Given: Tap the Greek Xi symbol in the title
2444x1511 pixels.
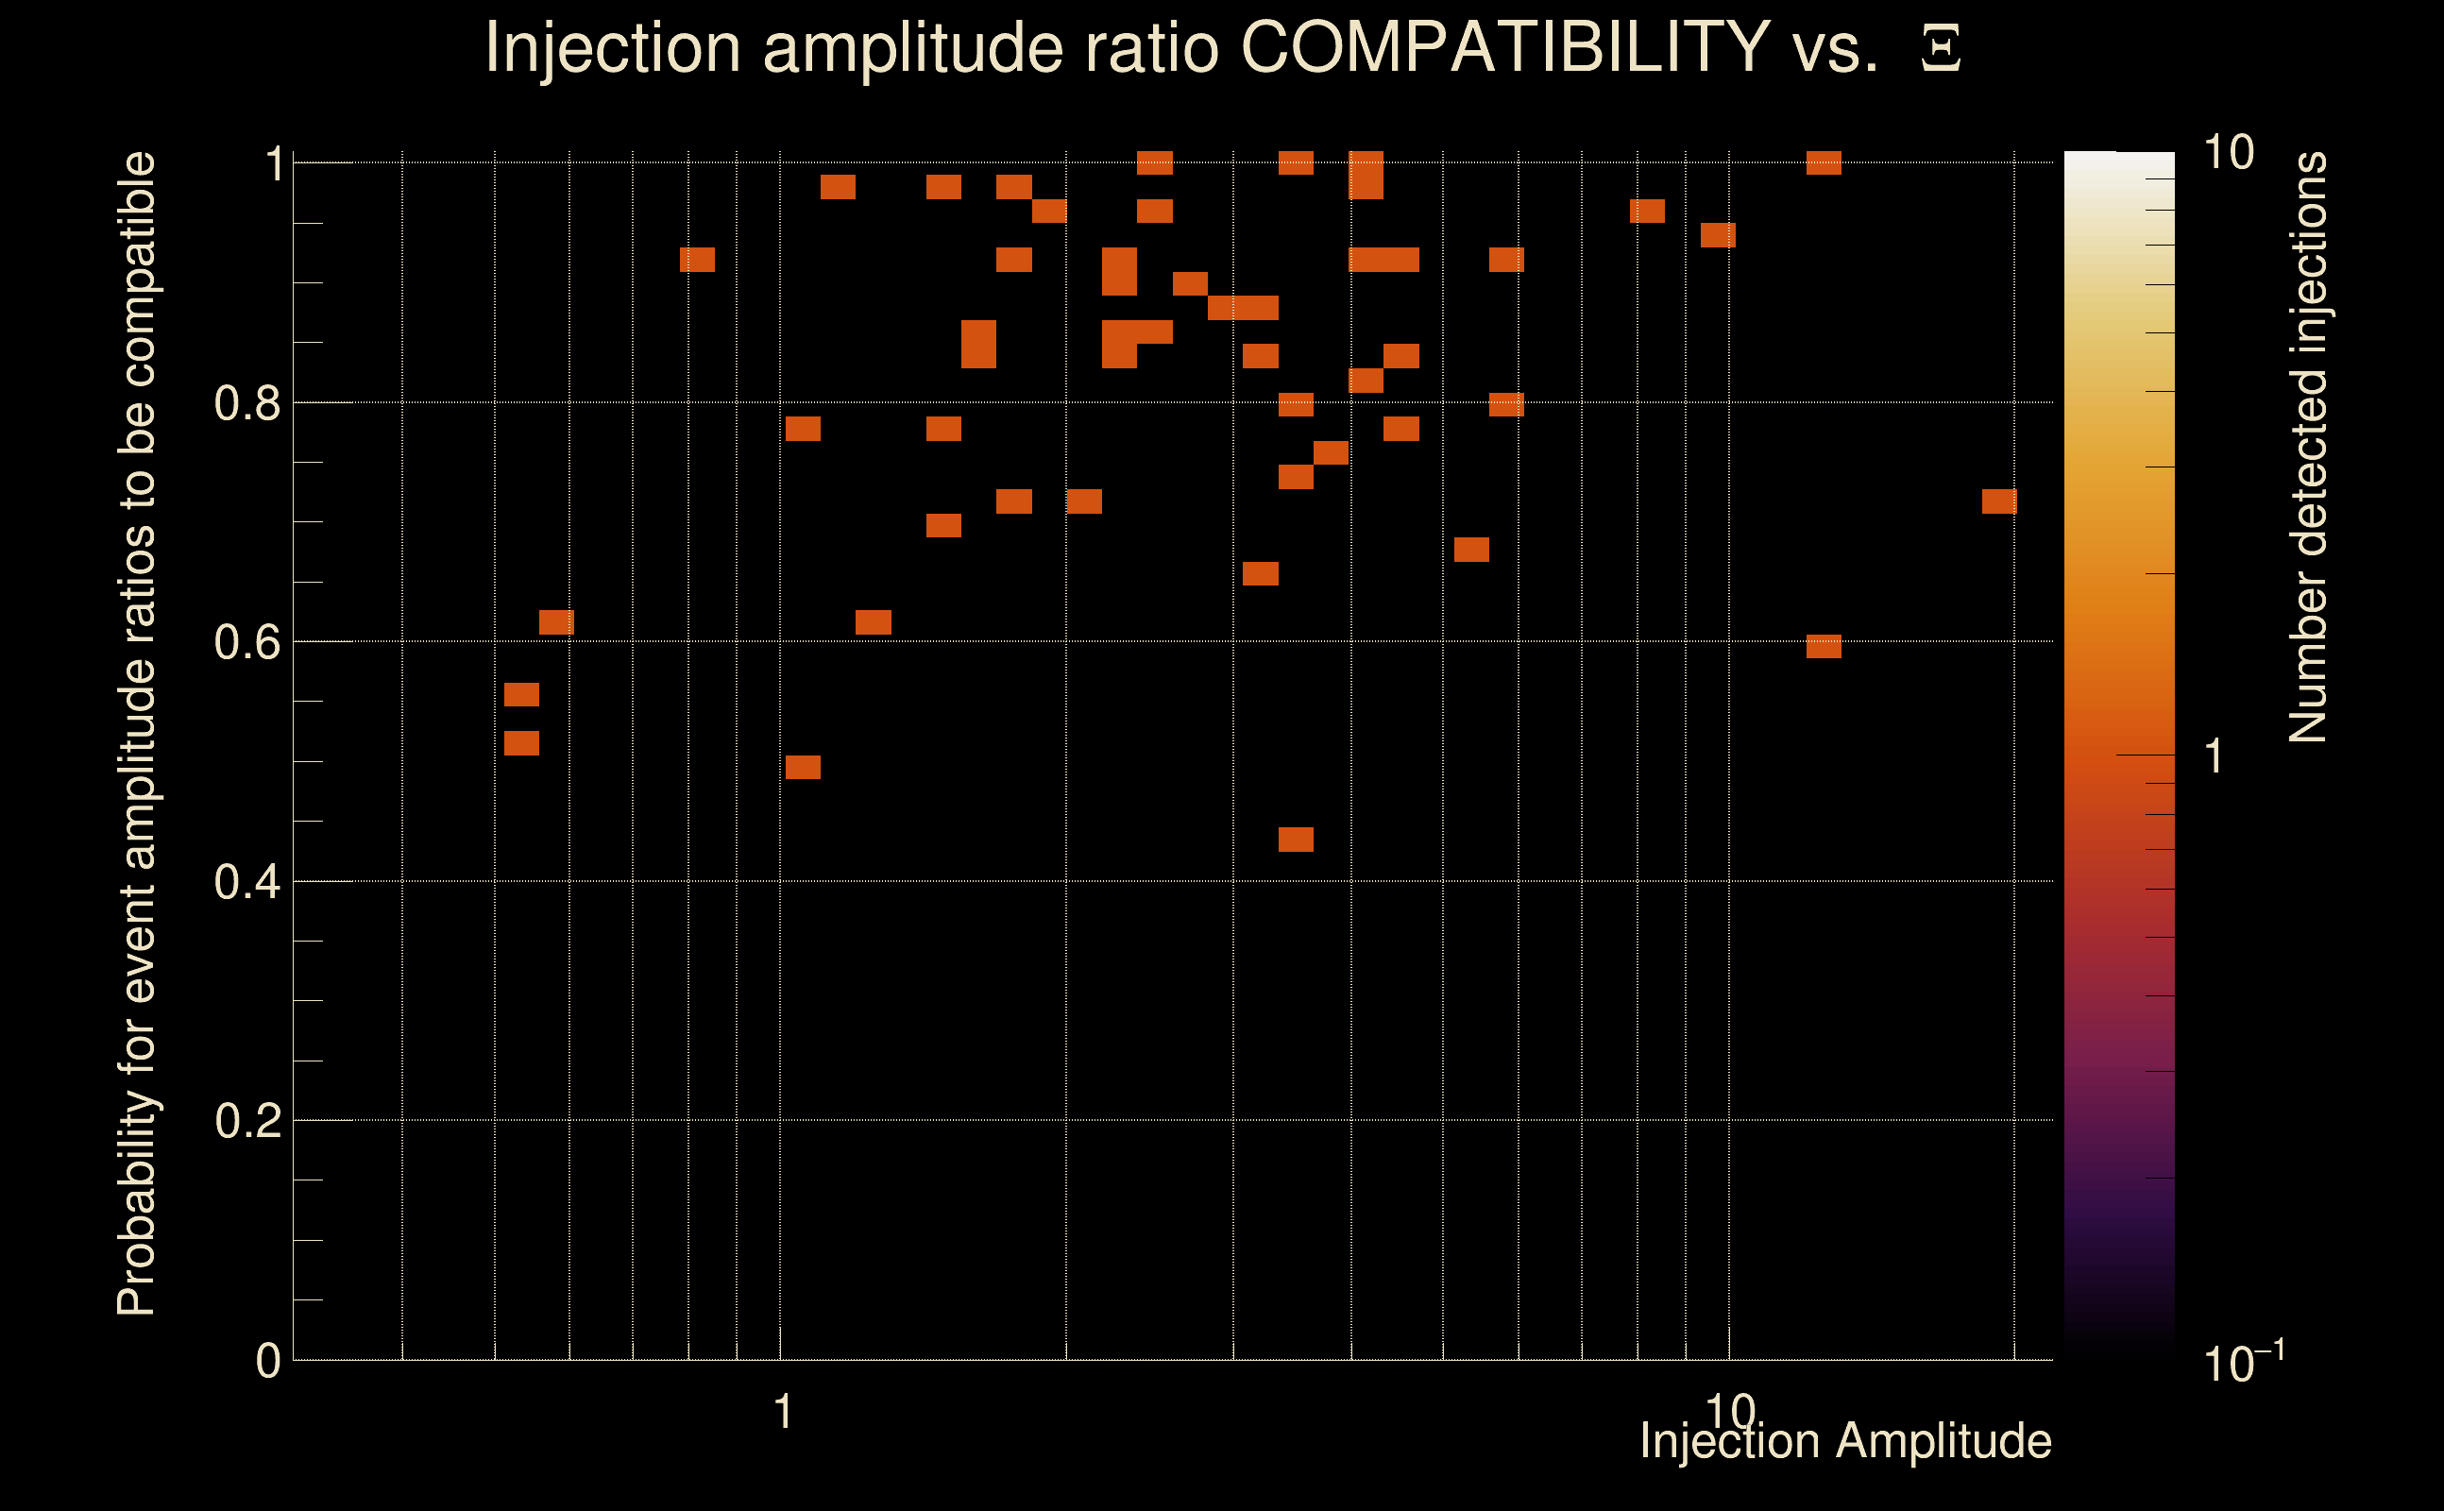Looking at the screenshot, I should click(x=1941, y=48).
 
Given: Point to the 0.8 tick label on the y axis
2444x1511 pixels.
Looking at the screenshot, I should click(x=246, y=404).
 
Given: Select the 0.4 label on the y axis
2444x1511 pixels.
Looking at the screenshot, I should click(x=246, y=882).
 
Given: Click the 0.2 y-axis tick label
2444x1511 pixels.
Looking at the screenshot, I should click(x=246, y=1121).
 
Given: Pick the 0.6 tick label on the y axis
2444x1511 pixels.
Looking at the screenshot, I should click(x=246, y=642).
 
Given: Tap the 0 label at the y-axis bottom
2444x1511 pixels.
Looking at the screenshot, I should click(x=268, y=1361).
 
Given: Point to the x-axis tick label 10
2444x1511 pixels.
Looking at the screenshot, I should click(x=1729, y=1412).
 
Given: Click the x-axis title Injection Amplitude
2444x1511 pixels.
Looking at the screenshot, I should click(x=1845, y=1441).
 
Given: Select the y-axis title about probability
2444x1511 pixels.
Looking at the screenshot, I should click(x=137, y=734).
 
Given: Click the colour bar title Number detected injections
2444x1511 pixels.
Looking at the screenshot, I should click(x=2308, y=448).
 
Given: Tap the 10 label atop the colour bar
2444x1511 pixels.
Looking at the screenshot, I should click(x=2228, y=154).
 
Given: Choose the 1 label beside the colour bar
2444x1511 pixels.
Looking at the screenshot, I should click(x=2215, y=756).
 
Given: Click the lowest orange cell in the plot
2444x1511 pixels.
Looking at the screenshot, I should click(x=1296, y=840).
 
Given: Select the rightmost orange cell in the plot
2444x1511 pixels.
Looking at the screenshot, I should click(x=1999, y=501).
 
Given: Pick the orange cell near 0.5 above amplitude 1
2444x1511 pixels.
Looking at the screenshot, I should click(x=803, y=767).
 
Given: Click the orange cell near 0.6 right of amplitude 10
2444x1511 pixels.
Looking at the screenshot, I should click(x=1824, y=646).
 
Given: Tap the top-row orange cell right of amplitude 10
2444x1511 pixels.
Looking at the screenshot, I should click(x=1824, y=162).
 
